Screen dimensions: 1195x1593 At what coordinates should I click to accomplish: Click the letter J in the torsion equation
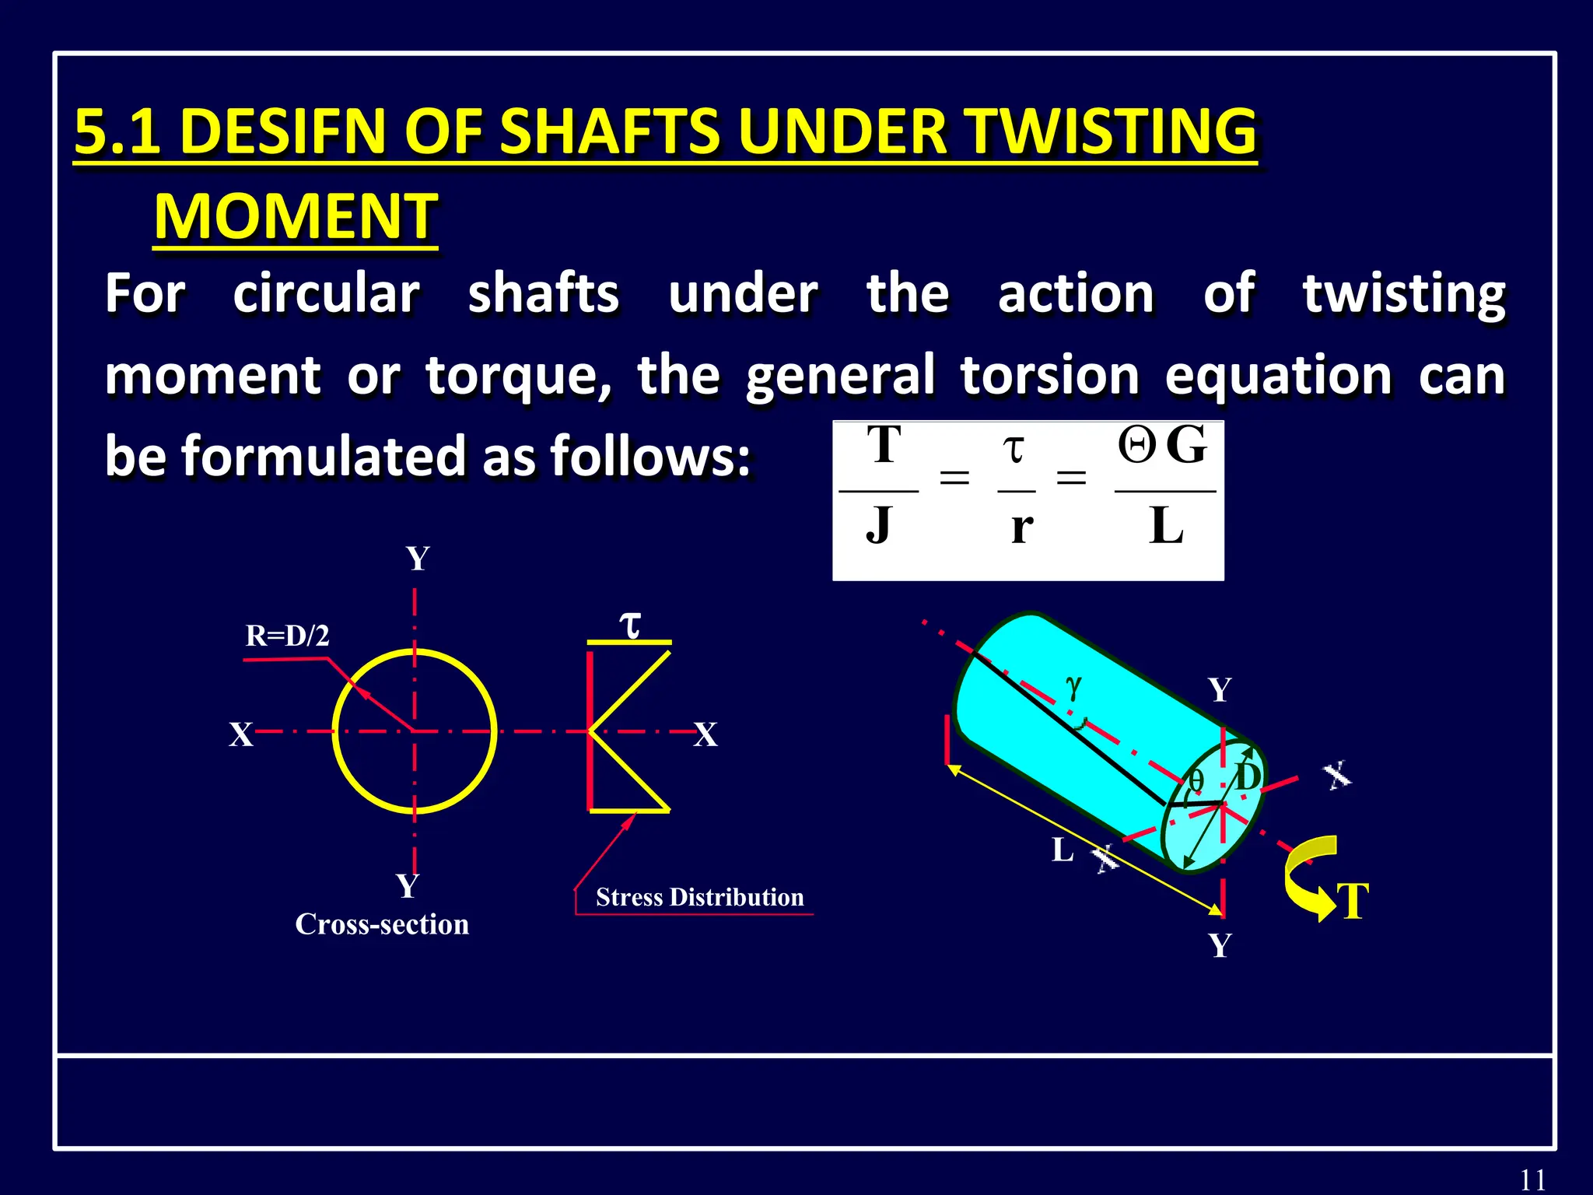tap(878, 525)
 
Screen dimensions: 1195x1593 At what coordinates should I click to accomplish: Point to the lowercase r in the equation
tap(1021, 527)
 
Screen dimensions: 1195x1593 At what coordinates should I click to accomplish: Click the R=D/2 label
tap(287, 636)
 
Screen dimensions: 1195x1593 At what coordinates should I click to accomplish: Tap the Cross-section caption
tap(382, 924)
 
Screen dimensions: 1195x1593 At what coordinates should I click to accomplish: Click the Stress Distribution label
tap(699, 897)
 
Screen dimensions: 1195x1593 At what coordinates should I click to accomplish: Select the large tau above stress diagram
tap(629, 623)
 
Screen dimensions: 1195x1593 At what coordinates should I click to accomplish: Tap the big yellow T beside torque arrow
tap(1353, 902)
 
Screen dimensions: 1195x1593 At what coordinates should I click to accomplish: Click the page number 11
tap(1532, 1179)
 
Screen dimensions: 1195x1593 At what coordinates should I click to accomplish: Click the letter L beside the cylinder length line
tap(1063, 850)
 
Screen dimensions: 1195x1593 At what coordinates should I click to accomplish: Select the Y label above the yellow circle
tap(418, 559)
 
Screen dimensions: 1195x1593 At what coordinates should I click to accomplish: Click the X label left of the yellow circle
tap(241, 734)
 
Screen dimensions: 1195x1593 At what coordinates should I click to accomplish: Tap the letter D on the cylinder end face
tap(1248, 776)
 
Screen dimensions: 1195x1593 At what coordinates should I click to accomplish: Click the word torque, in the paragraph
tap(518, 376)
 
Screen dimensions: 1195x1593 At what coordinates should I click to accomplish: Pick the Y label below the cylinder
tap(1220, 946)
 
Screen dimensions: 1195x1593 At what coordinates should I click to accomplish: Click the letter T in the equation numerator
tap(884, 445)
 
